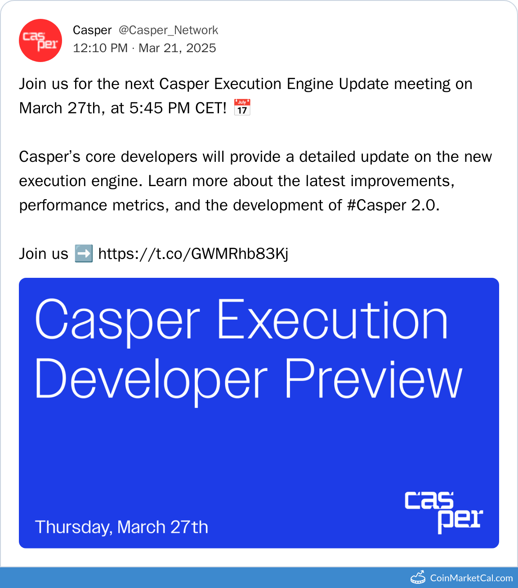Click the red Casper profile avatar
[40, 40]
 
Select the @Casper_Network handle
[169, 30]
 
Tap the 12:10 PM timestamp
[100, 48]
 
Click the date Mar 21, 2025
[177, 48]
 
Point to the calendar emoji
[242, 107]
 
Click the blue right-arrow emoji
[84, 254]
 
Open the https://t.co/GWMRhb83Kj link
[193, 254]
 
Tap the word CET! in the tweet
[211, 108]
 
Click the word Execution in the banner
[332, 319]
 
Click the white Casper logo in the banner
[444, 512]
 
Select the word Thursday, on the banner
[74, 527]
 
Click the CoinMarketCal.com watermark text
[471, 578]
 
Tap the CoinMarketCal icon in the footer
[418, 577]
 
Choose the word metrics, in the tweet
[141, 205]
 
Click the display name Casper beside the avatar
[92, 31]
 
